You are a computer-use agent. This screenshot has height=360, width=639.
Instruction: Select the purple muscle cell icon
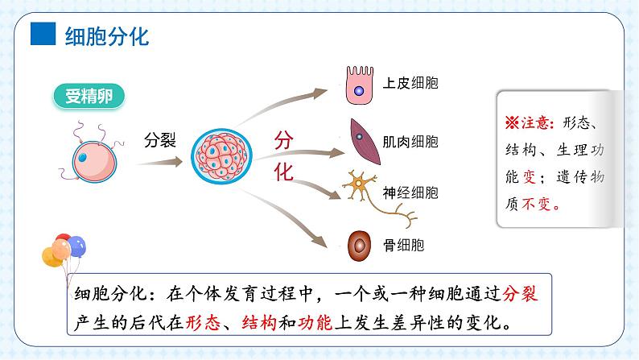(x=360, y=137)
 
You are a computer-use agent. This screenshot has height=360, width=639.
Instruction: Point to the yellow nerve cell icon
(x=360, y=188)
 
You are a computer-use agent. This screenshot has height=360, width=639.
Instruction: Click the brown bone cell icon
(x=358, y=244)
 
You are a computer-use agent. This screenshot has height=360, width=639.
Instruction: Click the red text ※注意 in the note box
(x=528, y=123)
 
